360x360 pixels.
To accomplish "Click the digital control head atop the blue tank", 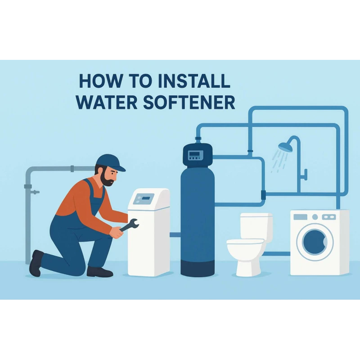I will point(197,155).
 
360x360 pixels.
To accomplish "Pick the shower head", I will point(284,147).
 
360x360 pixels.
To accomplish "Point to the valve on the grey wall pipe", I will point(34,192).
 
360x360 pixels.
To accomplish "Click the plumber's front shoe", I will point(99,271).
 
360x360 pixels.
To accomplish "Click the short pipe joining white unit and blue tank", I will point(175,234).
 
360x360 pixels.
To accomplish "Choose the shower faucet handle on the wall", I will point(305,173).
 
